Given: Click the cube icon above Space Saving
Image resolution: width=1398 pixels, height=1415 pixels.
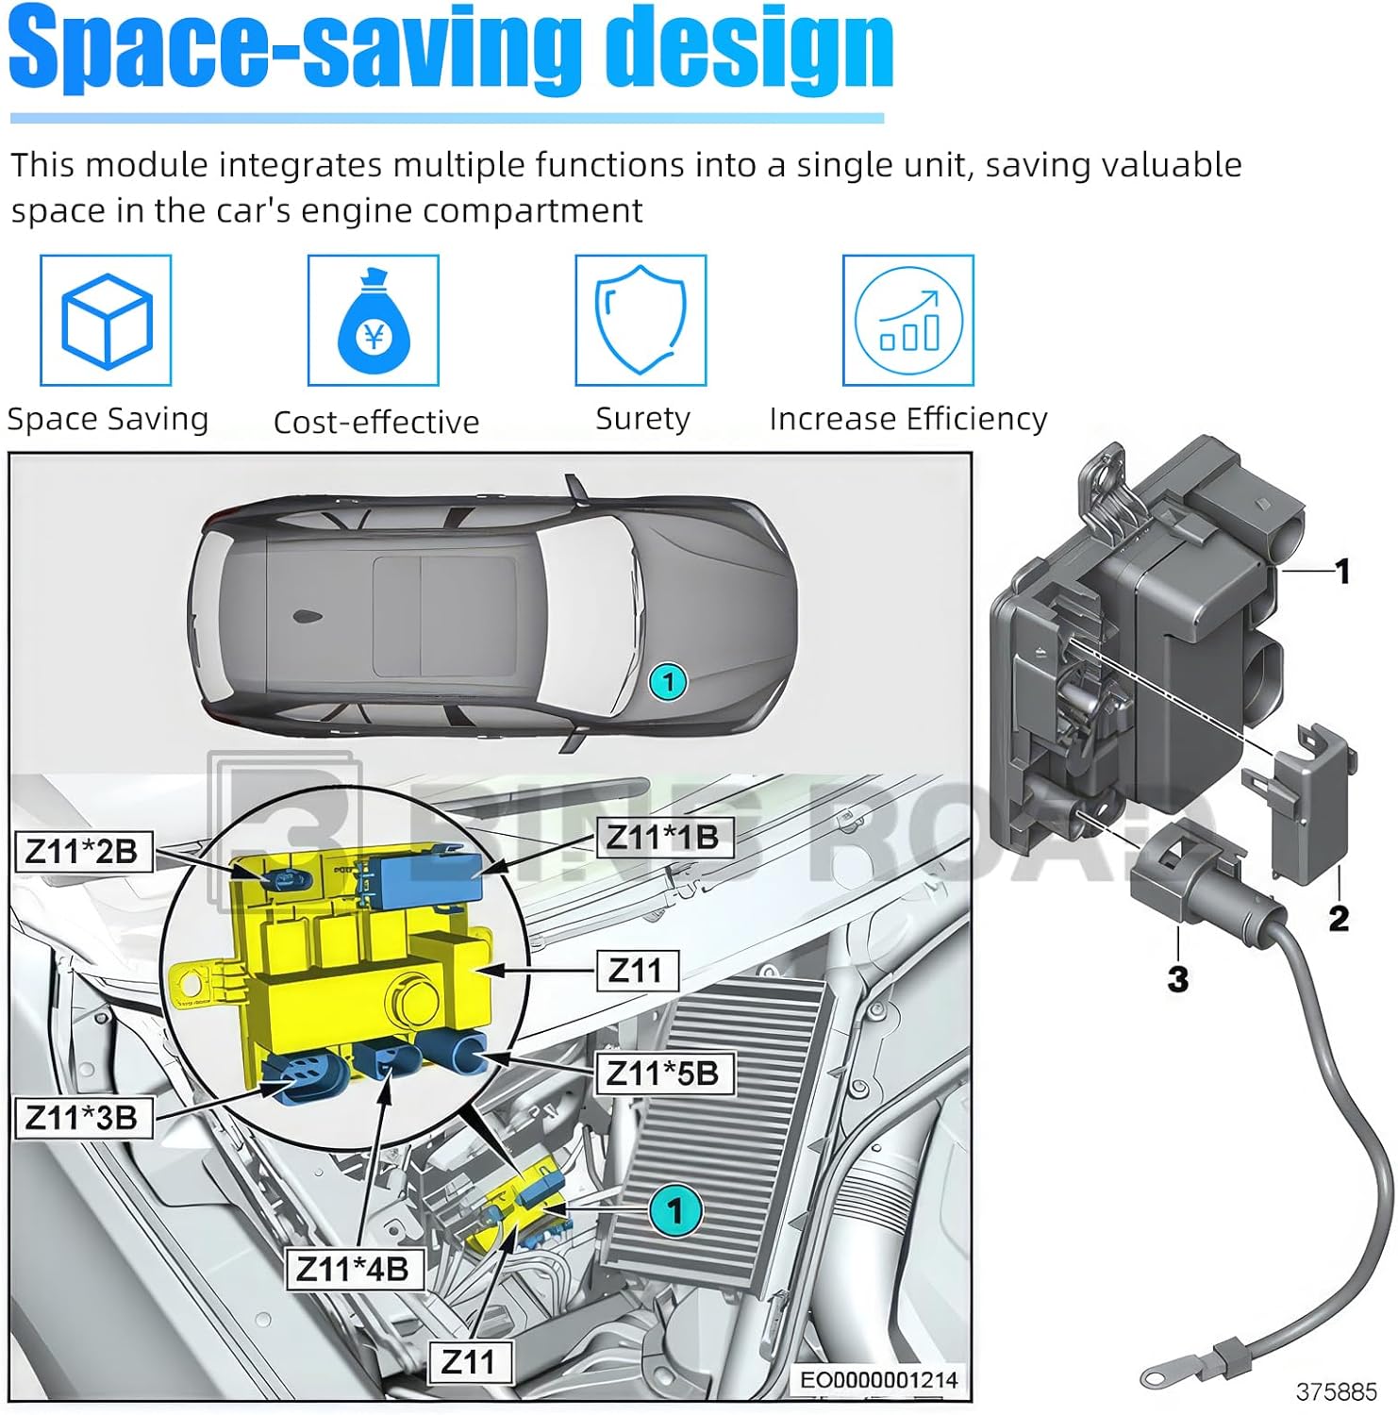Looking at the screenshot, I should (106, 321).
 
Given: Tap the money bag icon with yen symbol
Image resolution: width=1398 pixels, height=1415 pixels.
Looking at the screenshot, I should (374, 321).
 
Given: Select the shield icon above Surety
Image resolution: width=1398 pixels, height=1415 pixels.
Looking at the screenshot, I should (641, 321).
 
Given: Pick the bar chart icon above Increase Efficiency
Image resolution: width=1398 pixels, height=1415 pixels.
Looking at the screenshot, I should (907, 321).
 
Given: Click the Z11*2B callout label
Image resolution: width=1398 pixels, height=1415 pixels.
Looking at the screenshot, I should (81, 852).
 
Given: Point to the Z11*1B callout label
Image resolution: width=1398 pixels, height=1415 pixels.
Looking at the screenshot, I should (663, 837).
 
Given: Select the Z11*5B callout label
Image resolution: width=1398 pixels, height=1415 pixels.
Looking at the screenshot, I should (663, 1074).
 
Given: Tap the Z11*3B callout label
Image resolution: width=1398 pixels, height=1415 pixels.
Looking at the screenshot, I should (82, 1118).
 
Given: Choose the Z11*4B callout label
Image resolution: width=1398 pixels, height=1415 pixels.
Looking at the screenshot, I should (353, 1269).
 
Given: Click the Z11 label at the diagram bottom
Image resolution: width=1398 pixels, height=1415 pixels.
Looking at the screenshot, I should (469, 1362).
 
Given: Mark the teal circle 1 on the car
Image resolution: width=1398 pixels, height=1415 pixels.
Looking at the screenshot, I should (669, 681).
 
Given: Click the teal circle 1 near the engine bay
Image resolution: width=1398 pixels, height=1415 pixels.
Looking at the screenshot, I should (675, 1210).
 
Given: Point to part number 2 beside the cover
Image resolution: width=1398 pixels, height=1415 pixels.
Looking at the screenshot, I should (1339, 918).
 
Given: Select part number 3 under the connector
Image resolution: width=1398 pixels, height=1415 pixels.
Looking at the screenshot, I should (1178, 978).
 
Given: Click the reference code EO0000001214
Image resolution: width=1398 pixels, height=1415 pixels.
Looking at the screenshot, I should (878, 1380).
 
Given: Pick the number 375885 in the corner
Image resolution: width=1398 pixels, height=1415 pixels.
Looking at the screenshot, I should (1336, 1391).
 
